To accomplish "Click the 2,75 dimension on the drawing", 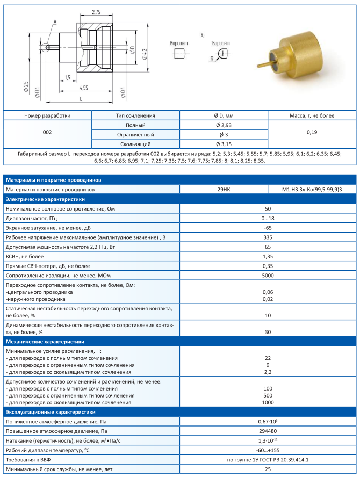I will [96, 11].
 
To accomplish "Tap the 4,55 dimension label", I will [84, 88].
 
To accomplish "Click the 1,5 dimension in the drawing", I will [68, 78].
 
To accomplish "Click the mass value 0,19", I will [312, 132].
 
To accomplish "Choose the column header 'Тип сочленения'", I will [135, 115].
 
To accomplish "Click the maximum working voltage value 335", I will [267, 237].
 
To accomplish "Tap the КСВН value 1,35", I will [267, 256].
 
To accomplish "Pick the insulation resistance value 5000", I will [267, 276].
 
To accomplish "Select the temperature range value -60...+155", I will [267, 450].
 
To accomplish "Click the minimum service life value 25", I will [267, 469].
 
